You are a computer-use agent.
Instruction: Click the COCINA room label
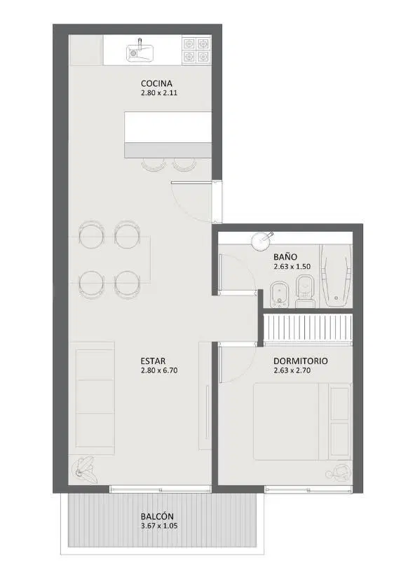pyautogui.click(x=156, y=83)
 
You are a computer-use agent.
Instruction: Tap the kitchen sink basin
pyautogui.click(x=140, y=53)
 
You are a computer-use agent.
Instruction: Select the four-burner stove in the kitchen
pyautogui.click(x=196, y=50)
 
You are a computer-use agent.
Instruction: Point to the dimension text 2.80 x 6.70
pyautogui.click(x=159, y=370)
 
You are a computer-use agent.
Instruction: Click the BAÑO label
pyautogui.click(x=285, y=257)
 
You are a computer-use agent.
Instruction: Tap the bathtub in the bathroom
pyautogui.click(x=336, y=275)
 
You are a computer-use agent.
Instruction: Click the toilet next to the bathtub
pyautogui.click(x=305, y=291)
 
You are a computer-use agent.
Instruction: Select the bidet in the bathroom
pyautogui.click(x=279, y=295)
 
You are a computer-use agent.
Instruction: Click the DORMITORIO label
pyautogui.click(x=300, y=361)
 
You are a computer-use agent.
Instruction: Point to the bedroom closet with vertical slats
pyautogui.click(x=307, y=328)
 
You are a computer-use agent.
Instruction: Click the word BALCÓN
pyautogui.click(x=157, y=516)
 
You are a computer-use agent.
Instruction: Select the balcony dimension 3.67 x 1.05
pyautogui.click(x=159, y=526)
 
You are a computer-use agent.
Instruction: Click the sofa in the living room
pyautogui.click(x=95, y=398)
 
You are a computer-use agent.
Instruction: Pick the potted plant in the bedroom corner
pyautogui.click(x=338, y=473)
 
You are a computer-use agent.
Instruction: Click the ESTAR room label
pyautogui.click(x=153, y=361)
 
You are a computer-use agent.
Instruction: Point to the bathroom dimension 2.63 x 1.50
pyautogui.click(x=292, y=266)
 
